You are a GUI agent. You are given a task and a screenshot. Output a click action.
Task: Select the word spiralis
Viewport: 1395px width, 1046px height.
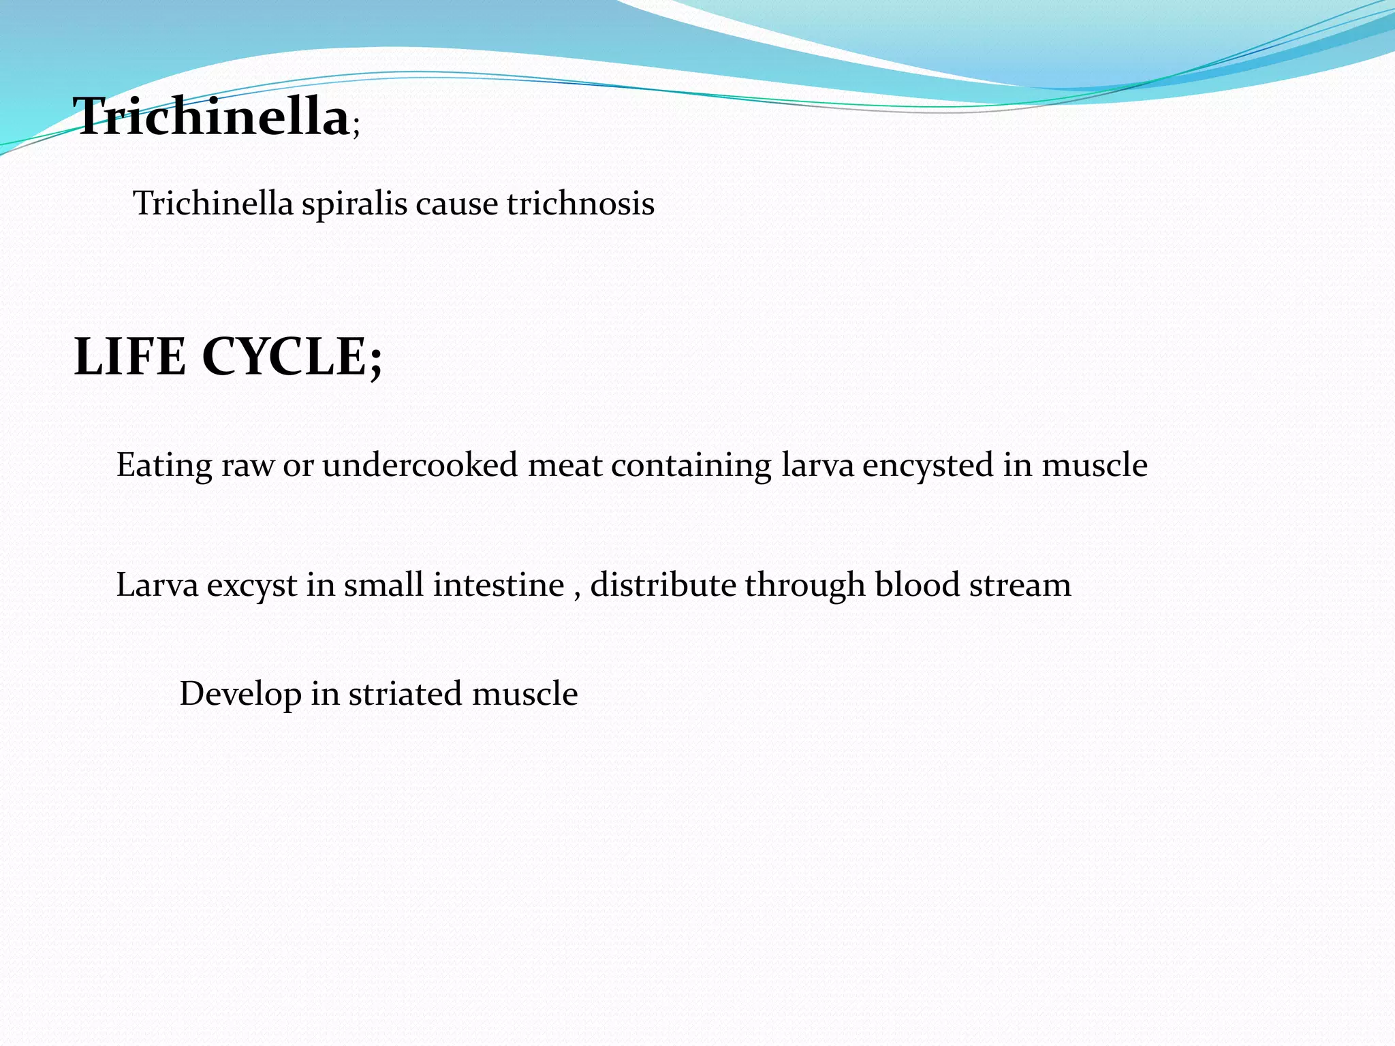[x=354, y=204]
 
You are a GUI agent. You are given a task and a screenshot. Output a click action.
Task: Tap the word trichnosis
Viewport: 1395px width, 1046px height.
[x=580, y=204]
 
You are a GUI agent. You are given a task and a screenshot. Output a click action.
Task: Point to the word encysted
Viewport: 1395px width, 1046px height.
[x=928, y=465]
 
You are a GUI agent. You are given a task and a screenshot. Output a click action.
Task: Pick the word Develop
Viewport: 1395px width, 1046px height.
[x=240, y=694]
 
